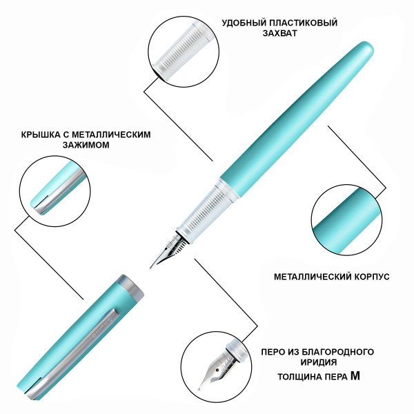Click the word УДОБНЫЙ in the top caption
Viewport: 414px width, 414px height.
click(244, 23)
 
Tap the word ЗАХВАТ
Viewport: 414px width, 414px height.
click(279, 33)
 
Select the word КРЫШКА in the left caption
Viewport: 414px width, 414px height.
click(41, 135)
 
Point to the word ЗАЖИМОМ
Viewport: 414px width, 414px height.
click(86, 145)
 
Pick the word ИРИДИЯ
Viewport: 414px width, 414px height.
click(318, 362)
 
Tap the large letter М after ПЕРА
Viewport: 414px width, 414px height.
click(355, 376)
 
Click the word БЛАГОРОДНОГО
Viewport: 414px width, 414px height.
click(337, 352)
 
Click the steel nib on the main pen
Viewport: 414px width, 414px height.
click(167, 250)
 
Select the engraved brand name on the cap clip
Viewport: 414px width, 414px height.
click(102, 328)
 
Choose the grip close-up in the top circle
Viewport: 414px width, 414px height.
click(184, 51)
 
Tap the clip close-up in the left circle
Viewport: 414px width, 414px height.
click(55, 191)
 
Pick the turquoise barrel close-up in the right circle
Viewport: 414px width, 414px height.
click(346, 219)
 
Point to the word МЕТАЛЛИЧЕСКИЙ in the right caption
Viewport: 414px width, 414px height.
click(312, 277)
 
